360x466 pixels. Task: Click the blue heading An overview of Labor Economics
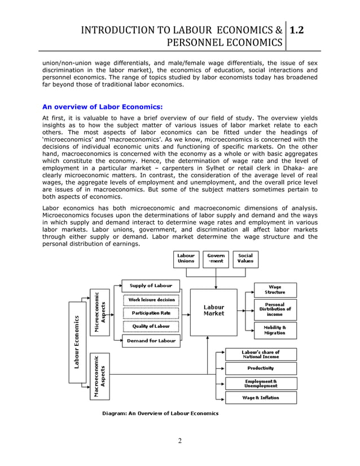[x=103, y=106]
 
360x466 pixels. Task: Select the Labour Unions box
[x=186, y=258]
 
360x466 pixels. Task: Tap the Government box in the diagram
[x=215, y=258]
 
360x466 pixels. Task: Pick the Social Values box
[x=245, y=258]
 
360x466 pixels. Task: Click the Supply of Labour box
[x=151, y=285]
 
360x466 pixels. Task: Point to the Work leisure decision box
[x=151, y=300]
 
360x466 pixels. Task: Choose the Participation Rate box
[x=151, y=313]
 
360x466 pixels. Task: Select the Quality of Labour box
[x=151, y=327]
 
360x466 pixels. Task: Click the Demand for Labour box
[x=151, y=341]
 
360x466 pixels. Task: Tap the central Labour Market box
[x=213, y=311]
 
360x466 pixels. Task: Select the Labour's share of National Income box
[x=261, y=354]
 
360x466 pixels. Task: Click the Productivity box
[x=261, y=368]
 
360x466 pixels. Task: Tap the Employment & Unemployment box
[x=261, y=384]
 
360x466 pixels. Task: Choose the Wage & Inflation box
[x=261, y=398]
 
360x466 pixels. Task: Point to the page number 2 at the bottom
[x=179, y=441]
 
